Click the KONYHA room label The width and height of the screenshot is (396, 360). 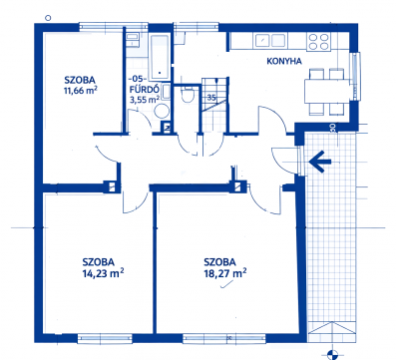(x=284, y=61)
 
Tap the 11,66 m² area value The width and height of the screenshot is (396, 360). (x=81, y=90)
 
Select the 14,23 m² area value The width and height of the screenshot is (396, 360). (x=104, y=273)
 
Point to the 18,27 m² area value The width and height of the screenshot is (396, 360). (x=225, y=273)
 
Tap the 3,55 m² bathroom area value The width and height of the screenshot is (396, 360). (x=145, y=99)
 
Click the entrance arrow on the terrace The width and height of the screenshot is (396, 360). (x=320, y=162)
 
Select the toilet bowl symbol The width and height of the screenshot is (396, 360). (x=188, y=95)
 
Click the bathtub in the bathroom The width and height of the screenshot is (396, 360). (x=160, y=56)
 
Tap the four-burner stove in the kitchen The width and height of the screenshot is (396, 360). (x=318, y=42)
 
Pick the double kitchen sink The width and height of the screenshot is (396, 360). (x=270, y=41)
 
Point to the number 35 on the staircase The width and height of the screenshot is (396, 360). (x=211, y=98)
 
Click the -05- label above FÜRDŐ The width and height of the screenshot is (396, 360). (x=138, y=79)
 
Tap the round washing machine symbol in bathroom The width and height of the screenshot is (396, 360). (x=162, y=111)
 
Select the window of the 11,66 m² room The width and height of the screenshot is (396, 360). (x=101, y=27)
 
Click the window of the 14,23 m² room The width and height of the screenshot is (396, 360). (x=105, y=338)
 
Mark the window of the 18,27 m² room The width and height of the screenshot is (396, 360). (x=224, y=338)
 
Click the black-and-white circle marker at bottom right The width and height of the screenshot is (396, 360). (x=331, y=354)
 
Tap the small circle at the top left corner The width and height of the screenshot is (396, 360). (x=48, y=18)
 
